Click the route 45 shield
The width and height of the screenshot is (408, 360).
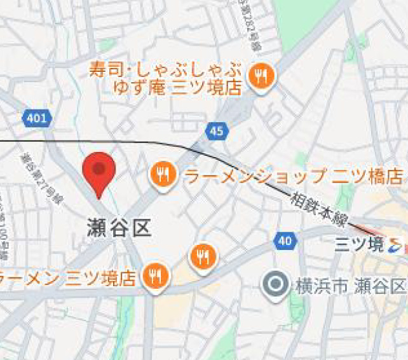click(x=216, y=132)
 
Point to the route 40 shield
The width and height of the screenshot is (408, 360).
click(x=284, y=240)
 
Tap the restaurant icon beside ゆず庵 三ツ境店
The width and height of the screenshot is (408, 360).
click(x=261, y=77)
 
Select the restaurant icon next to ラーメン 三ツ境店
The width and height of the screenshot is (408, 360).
click(x=155, y=276)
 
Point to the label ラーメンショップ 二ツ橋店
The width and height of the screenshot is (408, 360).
click(x=294, y=176)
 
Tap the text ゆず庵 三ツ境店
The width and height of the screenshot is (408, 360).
click(x=177, y=87)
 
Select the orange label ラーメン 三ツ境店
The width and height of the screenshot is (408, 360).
click(x=69, y=278)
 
